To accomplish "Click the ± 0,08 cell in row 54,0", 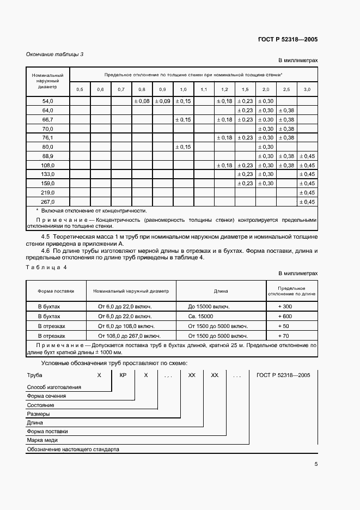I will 142,101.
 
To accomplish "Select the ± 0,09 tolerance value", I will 162,101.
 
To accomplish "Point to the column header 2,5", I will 286,89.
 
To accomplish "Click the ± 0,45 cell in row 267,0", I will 307,202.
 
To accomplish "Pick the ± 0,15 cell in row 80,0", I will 183,147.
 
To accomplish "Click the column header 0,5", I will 80,89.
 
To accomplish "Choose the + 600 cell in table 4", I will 285,316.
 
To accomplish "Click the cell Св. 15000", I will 202,316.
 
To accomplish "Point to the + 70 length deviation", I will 284,336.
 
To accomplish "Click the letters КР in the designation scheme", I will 123,376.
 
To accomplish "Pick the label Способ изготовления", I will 54,387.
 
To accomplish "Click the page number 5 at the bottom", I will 316,465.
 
